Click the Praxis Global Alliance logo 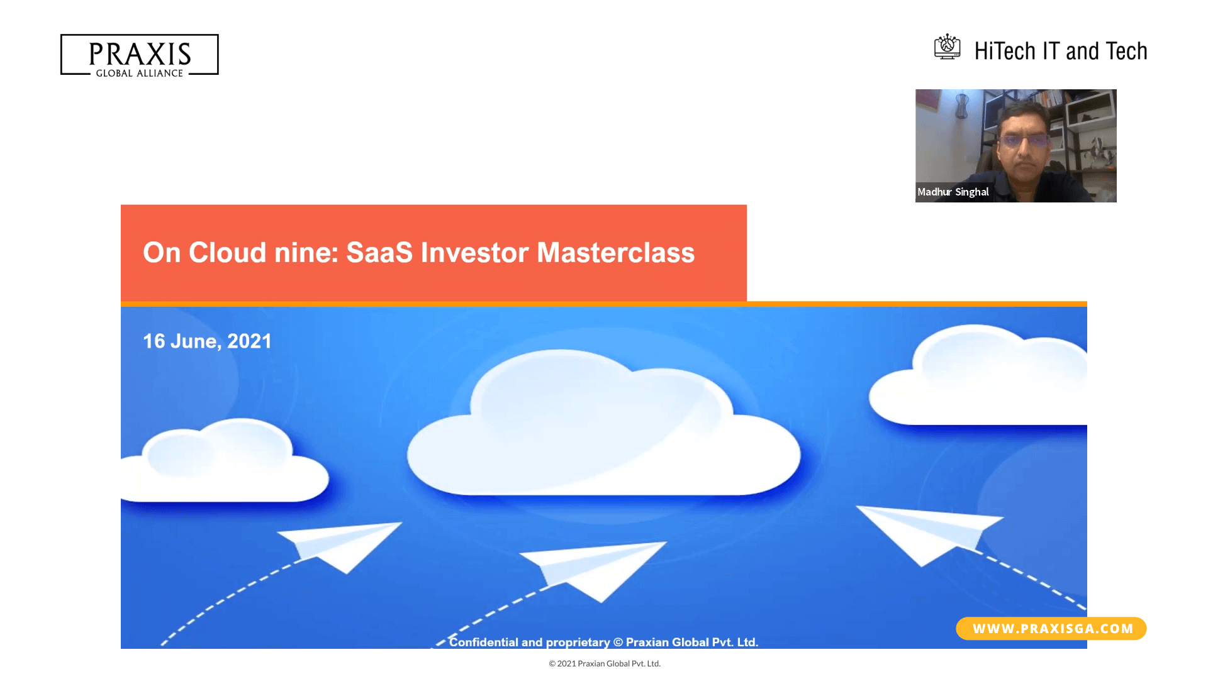click(x=139, y=55)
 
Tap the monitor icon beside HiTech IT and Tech click(x=947, y=47)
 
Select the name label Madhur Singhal click(x=953, y=192)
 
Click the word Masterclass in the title click(x=615, y=253)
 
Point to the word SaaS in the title click(x=379, y=253)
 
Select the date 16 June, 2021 click(x=207, y=341)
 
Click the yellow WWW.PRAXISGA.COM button click(x=1051, y=629)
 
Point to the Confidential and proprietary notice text click(x=603, y=642)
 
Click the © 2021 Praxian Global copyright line click(x=605, y=663)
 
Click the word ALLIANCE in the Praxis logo click(x=160, y=74)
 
